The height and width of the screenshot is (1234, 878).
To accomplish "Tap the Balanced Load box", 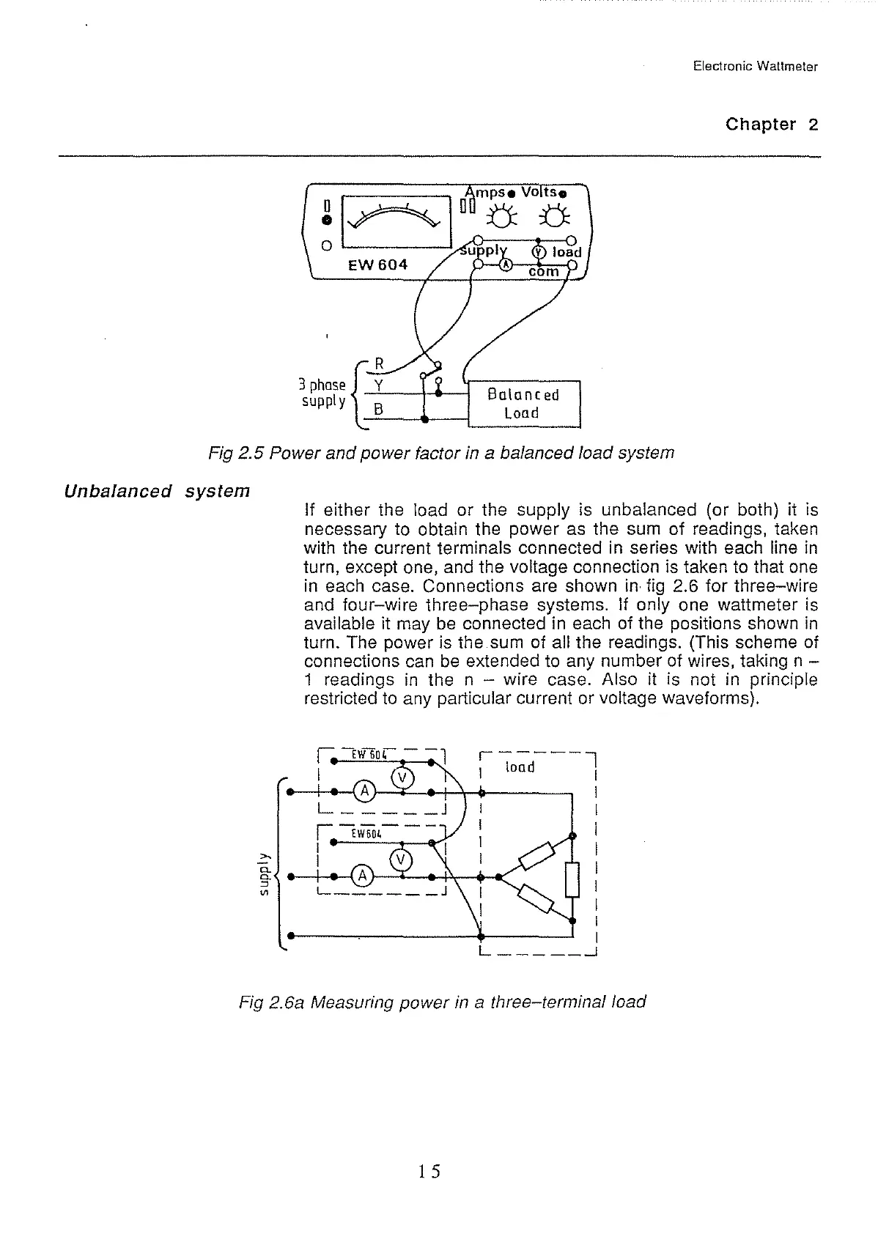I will [x=523, y=404].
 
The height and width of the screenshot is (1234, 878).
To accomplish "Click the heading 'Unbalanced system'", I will [x=157, y=490].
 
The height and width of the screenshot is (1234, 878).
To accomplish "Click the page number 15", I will [x=429, y=1171].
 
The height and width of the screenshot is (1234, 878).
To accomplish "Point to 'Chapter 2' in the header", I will [x=771, y=124].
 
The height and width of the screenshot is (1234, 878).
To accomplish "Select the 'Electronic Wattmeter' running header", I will [x=755, y=67].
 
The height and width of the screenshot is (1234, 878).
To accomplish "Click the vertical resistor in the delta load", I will [x=573, y=879].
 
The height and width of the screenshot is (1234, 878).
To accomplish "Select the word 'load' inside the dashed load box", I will [x=520, y=767].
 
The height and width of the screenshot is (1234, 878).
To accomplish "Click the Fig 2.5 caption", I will [x=441, y=453].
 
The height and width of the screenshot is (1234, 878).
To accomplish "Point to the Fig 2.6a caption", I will [x=443, y=1001].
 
